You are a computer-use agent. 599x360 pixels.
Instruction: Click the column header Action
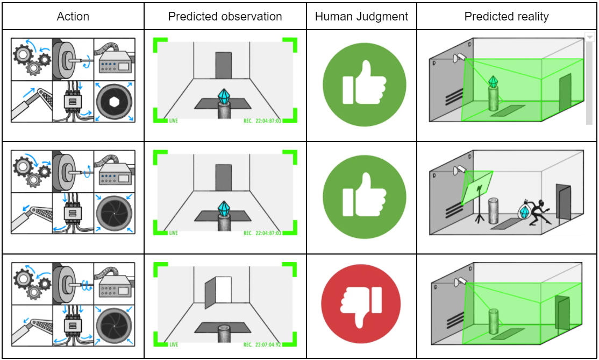click(x=73, y=16)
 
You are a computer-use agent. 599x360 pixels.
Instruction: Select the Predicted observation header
click(x=225, y=16)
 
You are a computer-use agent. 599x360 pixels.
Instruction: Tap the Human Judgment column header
click(x=361, y=16)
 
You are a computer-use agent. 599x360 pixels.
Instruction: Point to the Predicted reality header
click(x=507, y=16)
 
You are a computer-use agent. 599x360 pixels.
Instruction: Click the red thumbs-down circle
click(x=361, y=303)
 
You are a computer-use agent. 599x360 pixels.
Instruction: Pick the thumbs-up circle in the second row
click(x=362, y=194)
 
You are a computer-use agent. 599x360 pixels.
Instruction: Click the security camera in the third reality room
click(x=460, y=281)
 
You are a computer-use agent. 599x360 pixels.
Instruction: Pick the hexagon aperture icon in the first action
click(x=114, y=101)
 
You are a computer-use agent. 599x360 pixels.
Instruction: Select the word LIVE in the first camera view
click(x=173, y=121)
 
